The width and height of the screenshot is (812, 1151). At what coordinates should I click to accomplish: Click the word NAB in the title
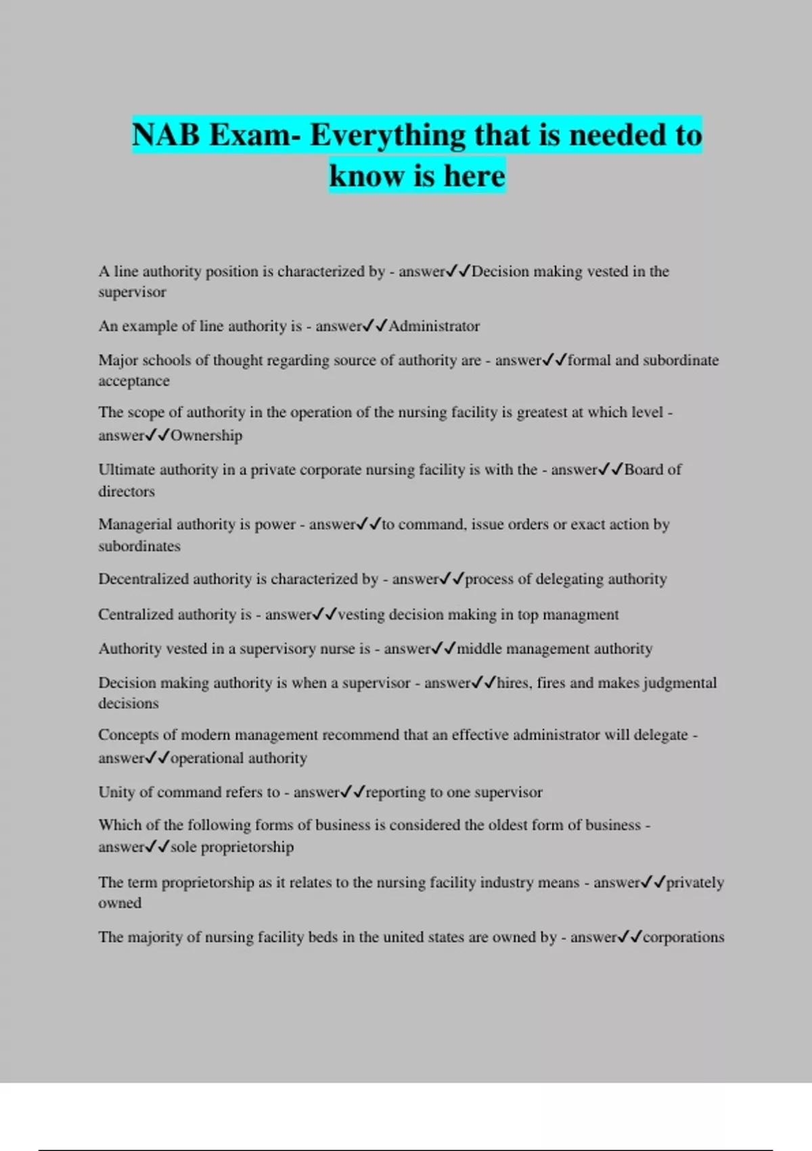(166, 135)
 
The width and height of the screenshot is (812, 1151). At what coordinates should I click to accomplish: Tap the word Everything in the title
(388, 135)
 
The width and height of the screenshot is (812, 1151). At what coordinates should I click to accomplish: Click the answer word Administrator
(434, 326)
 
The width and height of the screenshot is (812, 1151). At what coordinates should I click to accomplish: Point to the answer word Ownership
(206, 435)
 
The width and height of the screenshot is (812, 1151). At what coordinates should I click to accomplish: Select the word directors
(127, 492)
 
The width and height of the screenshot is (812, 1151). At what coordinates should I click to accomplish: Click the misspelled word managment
(585, 614)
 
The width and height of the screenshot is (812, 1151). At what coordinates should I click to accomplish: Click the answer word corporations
(683, 937)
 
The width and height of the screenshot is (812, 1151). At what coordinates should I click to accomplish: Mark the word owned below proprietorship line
(120, 903)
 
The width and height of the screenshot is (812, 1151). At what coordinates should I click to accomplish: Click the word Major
(117, 360)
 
